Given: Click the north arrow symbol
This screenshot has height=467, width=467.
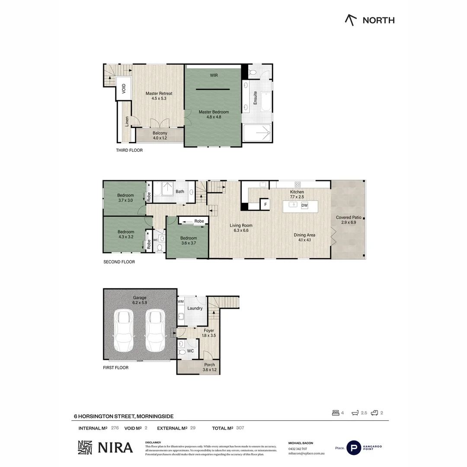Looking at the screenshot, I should point(351,20).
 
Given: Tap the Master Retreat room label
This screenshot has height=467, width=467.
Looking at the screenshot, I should point(159,96).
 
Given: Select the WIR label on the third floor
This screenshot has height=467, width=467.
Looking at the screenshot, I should point(214,75).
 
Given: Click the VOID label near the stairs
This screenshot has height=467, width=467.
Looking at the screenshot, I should point(124,89).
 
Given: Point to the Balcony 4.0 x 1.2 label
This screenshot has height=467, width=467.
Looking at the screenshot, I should point(160,135).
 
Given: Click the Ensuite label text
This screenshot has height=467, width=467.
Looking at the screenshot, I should point(255,97).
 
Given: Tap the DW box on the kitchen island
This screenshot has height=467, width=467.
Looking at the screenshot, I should point(304,205).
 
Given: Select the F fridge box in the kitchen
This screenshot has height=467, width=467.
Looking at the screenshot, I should point(265,204).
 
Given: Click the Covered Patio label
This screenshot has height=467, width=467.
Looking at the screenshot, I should point(349,220).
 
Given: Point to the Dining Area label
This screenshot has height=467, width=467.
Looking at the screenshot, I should point(304,237).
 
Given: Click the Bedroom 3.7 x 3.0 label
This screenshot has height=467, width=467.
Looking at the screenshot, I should point(125,198).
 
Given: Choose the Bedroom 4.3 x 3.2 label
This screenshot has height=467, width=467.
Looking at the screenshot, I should point(125,234).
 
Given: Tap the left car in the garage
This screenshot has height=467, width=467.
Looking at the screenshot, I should point(124,331).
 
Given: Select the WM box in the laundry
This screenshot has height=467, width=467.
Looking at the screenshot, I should point(181,301).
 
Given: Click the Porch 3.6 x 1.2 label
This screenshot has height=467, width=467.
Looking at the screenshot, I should point(209,367).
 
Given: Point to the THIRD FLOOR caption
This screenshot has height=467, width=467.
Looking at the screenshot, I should point(129,150).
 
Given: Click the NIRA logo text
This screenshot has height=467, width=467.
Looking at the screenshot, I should point(115,448).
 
